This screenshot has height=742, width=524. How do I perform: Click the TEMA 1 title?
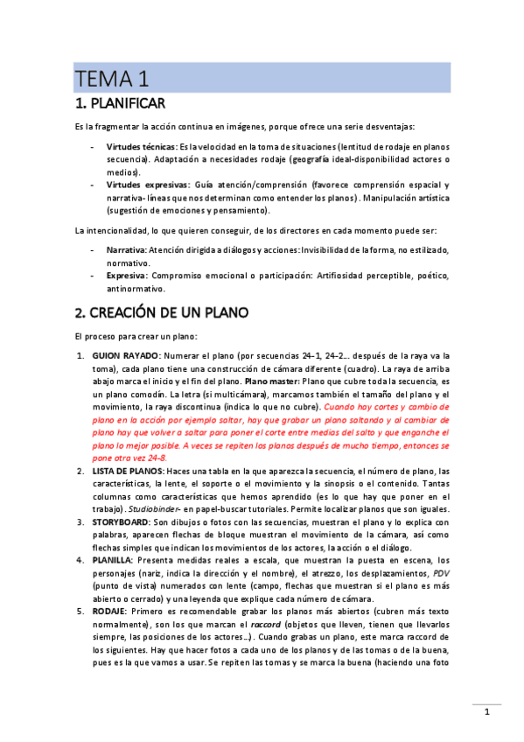click(112, 78)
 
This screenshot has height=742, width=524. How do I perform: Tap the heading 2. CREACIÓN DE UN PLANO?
click(162, 311)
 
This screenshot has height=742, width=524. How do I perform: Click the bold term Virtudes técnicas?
click(141, 147)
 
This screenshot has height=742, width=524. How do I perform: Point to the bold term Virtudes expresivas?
click(146, 185)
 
